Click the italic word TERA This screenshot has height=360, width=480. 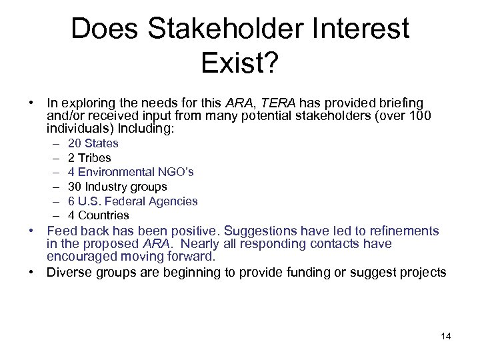[x=279, y=103]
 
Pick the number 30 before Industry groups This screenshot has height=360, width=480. [x=75, y=187]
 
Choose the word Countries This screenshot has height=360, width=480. [x=103, y=215]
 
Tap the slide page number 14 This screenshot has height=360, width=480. [x=446, y=336]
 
